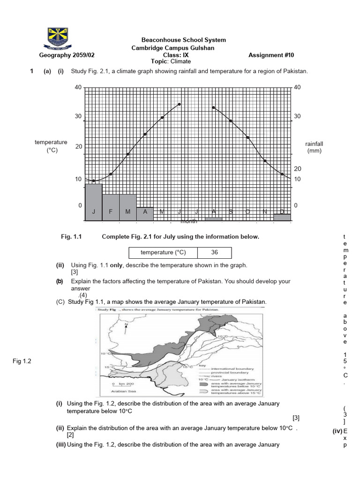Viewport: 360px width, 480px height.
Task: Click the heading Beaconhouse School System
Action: [184, 40]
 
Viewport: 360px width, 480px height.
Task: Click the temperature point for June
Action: [180, 104]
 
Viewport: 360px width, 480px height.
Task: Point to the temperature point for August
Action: [213, 107]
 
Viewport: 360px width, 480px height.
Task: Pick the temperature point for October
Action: [247, 137]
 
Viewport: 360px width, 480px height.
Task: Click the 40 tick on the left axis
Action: [78, 88]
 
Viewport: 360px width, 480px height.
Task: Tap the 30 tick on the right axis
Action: [297, 116]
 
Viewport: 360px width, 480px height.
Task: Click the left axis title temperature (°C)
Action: [51, 146]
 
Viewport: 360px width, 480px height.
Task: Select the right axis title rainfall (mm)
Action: [314, 147]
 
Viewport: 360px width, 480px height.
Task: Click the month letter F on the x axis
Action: [111, 212]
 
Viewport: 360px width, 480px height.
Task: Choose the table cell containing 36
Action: [215, 252]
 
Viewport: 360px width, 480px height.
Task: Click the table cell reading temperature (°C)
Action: [163, 252]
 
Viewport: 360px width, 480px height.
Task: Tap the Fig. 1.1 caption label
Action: [71, 237]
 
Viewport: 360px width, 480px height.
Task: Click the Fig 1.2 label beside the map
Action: [21, 361]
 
